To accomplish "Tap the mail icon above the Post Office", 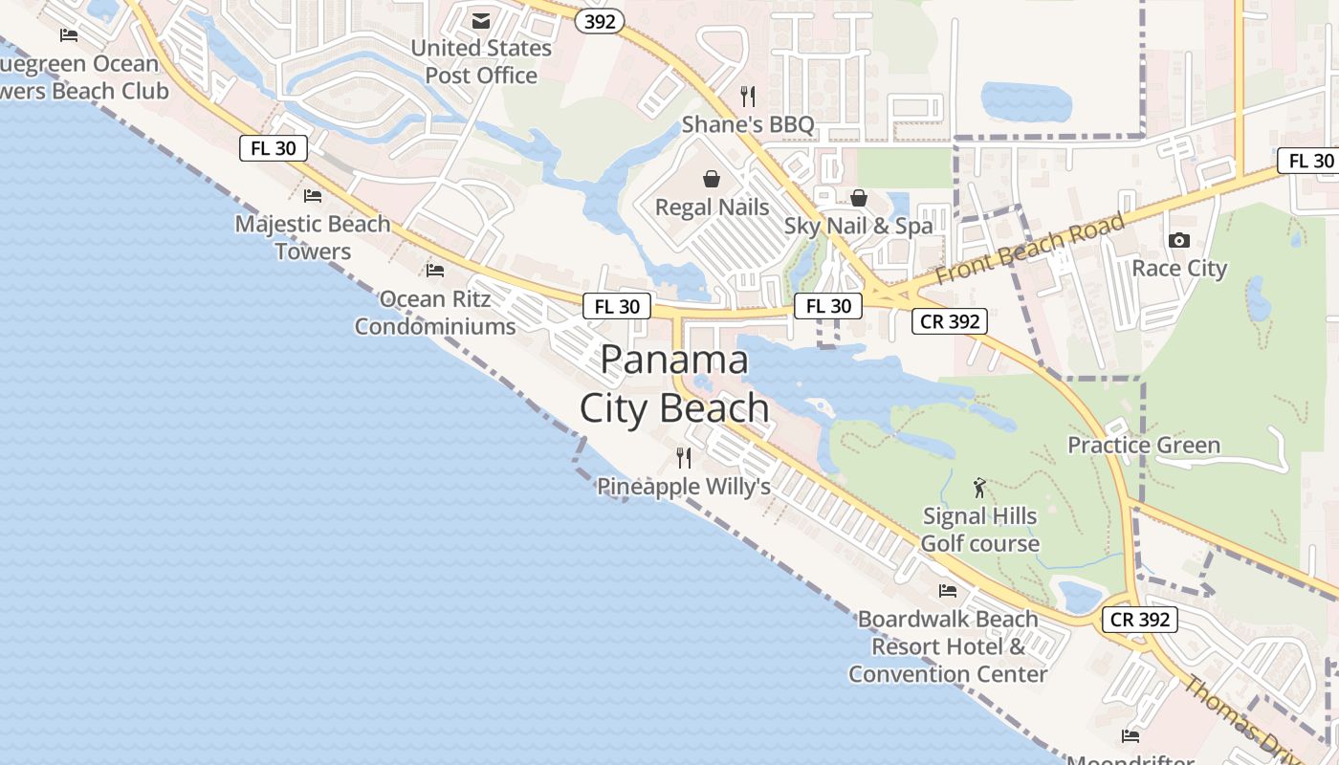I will (x=481, y=21).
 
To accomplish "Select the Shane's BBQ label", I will (x=748, y=124).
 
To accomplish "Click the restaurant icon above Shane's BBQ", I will (x=748, y=96).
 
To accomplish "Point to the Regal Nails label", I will (x=712, y=207).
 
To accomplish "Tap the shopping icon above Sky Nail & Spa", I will (x=859, y=198).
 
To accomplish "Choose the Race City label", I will (x=1178, y=268).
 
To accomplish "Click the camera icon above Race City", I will (x=1179, y=240).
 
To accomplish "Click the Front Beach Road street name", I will (x=1029, y=249).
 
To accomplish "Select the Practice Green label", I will (x=1144, y=445).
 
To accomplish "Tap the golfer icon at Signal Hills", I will (x=979, y=488).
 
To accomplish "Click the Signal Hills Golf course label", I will (x=979, y=530).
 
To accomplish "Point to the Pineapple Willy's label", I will (x=684, y=486).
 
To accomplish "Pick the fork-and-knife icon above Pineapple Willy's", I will (x=683, y=458).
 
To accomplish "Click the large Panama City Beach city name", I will (x=674, y=383).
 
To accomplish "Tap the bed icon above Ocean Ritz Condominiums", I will (x=435, y=271).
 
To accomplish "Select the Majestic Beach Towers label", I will (x=313, y=237).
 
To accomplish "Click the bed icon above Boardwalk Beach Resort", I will (x=948, y=590).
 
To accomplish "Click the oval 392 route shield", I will (x=600, y=21).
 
